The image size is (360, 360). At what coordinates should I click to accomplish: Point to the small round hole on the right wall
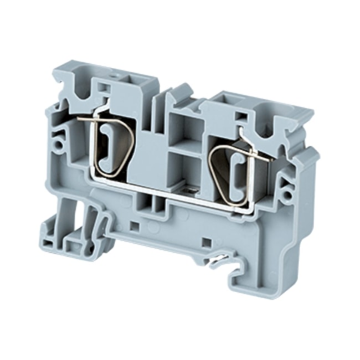[286, 194]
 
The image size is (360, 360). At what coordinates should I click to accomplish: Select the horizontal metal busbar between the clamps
[166, 191]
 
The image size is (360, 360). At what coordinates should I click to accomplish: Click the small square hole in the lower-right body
[205, 242]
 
